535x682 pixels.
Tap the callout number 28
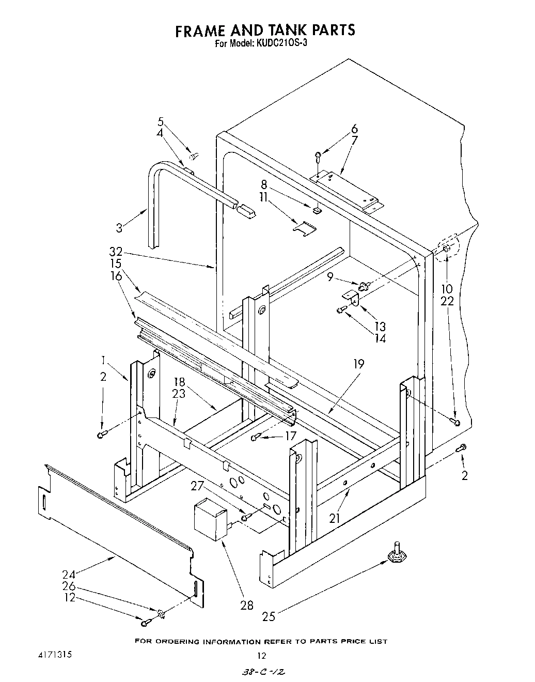[247, 605]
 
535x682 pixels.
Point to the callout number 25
[269, 616]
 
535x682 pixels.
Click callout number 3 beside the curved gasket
[119, 227]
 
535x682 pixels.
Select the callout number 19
[358, 365]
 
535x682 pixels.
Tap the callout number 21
[335, 518]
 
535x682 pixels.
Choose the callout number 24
[69, 574]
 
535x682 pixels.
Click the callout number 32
[116, 253]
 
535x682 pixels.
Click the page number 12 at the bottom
[262, 655]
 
